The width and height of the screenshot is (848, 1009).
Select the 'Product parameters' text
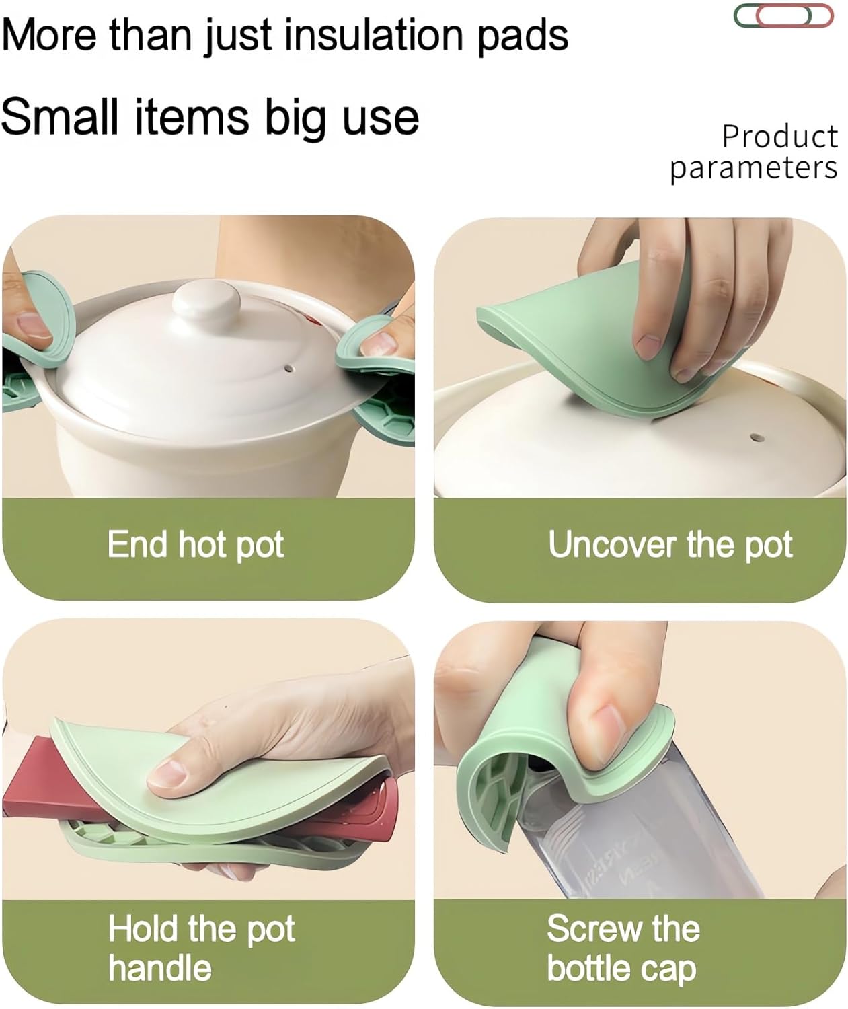pos(754,152)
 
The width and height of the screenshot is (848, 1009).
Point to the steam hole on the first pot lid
pos(290,369)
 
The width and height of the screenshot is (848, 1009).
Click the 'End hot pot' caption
pos(196,544)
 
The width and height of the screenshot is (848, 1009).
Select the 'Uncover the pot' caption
pos(670,544)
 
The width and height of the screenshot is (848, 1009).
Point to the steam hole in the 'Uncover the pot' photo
pos(757,438)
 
